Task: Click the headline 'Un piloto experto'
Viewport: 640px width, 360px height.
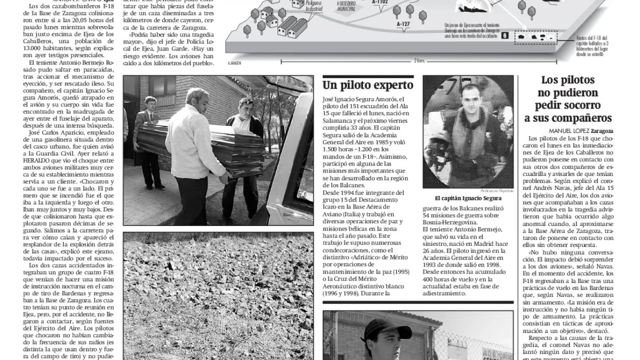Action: point(367,84)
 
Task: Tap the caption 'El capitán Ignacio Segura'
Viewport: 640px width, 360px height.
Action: point(467,198)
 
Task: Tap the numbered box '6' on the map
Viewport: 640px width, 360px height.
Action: point(504,36)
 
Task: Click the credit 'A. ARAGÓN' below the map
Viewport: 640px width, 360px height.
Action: point(234,63)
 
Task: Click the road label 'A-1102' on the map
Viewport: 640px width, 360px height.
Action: point(380,1)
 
